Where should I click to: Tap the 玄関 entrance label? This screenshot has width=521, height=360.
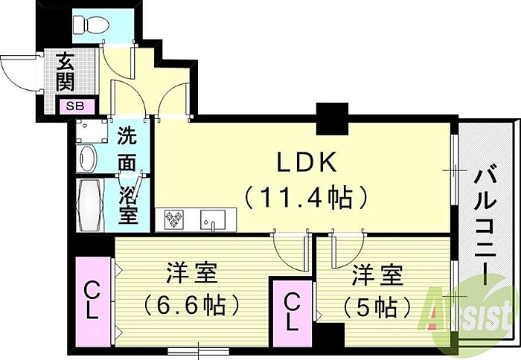(x=65, y=72)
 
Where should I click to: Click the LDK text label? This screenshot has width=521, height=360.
(x=306, y=162)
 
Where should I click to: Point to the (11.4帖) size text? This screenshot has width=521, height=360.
(x=306, y=198)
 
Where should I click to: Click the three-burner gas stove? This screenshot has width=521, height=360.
(x=173, y=219)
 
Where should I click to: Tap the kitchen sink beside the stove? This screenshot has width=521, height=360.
(x=213, y=219)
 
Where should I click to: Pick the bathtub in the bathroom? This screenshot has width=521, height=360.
(x=90, y=206)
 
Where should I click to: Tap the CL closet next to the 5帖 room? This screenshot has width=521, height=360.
(x=292, y=313)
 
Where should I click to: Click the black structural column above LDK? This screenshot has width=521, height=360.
(x=332, y=119)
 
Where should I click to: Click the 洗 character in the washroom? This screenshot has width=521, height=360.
(x=127, y=135)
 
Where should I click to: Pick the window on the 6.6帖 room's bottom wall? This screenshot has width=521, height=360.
(x=199, y=350)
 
